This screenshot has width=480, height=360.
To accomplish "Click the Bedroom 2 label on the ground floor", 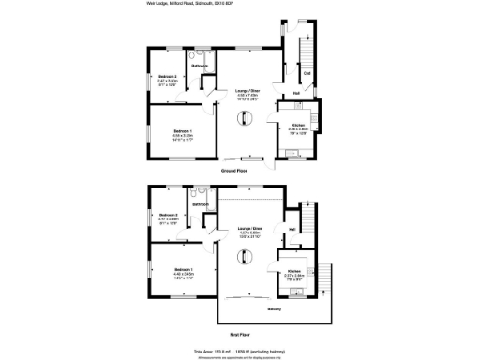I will pos(168,76).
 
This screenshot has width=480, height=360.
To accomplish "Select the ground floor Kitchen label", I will pos(297,125).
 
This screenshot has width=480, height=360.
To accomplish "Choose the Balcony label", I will pos(274,308).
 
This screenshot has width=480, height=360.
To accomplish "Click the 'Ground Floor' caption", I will pos(234,172).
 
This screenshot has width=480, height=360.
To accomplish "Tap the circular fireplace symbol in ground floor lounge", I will pos(247,119).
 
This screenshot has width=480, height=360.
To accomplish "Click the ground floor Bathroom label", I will pos(201,66).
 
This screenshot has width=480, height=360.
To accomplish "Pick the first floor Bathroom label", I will pos(200,204).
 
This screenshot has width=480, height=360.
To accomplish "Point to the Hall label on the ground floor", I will pos(296,93).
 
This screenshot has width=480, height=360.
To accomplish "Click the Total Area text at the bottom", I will pos(240,349).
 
